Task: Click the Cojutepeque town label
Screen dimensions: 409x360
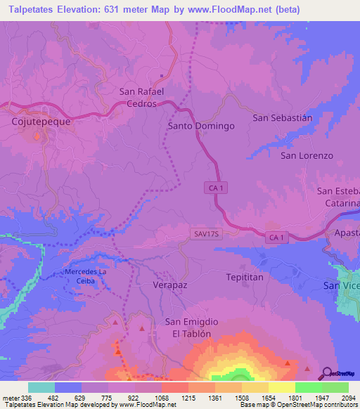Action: (x=41, y=121)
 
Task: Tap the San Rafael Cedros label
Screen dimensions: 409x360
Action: (x=141, y=97)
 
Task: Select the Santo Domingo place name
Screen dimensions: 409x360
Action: (x=200, y=126)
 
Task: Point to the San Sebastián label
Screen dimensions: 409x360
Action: (x=282, y=118)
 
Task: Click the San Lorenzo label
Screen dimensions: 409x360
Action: (x=307, y=155)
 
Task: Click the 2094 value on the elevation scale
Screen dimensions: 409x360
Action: (x=340, y=398)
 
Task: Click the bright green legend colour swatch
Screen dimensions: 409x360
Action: (x=309, y=387)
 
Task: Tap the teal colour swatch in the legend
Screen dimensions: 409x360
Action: (x=41, y=387)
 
